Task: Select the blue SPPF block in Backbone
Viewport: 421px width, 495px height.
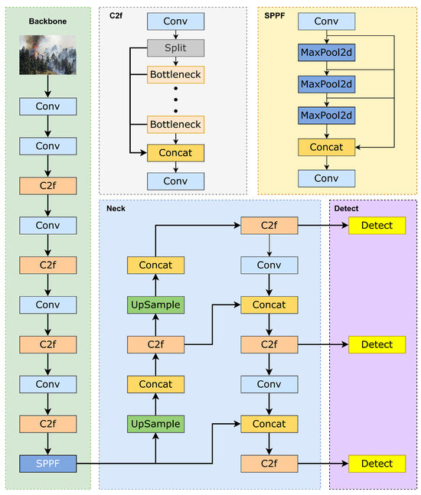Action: pos(47,463)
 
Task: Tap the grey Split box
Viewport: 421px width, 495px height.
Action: pos(176,48)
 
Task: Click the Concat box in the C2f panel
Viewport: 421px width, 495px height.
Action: pos(176,153)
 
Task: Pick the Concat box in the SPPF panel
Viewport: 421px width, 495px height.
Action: pos(327,146)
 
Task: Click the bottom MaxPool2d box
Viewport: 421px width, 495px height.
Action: pos(327,115)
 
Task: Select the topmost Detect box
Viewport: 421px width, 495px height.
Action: pos(377,225)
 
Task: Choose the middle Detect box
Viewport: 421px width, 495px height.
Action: pos(377,344)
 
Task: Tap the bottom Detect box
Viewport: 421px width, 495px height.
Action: pos(377,463)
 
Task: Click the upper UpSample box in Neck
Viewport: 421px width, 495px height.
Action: pos(155,304)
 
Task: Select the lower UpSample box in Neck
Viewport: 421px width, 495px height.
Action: pos(155,423)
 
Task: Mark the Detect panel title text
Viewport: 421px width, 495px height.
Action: pos(347,208)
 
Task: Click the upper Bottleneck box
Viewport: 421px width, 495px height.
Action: pos(176,75)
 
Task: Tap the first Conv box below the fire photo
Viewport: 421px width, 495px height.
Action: pos(47,106)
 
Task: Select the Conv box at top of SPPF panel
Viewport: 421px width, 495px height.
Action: pos(327,21)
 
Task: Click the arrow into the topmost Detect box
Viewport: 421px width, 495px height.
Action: pos(321,225)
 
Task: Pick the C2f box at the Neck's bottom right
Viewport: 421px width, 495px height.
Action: pos(269,463)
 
